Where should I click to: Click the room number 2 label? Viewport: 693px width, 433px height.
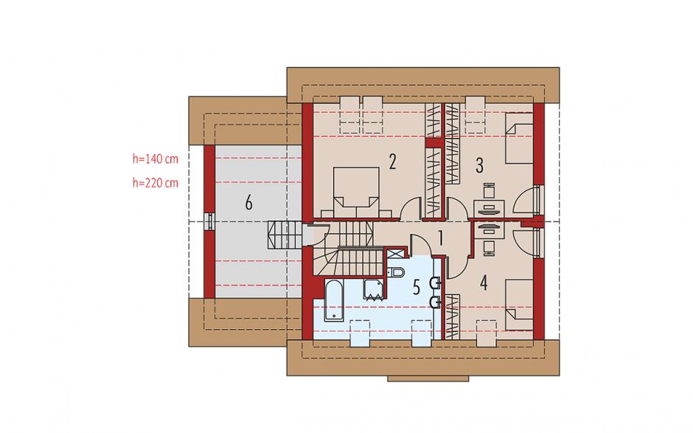(392, 162)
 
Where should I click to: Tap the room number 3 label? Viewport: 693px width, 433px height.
(479, 165)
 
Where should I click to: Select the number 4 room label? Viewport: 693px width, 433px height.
(484, 283)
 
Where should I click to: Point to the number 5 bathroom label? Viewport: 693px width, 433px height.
(417, 288)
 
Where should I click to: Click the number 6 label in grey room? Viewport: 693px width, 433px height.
(249, 203)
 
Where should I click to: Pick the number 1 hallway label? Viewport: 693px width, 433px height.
(440, 238)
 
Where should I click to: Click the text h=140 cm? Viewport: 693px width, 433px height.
(156, 159)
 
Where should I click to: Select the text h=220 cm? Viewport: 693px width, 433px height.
(156, 183)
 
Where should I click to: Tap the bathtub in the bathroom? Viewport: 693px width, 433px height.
(333, 300)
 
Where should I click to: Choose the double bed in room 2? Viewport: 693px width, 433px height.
(356, 193)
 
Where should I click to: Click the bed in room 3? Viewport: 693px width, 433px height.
(519, 138)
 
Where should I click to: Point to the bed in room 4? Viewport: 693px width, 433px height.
(519, 305)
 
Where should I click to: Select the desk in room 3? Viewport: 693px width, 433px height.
(489, 208)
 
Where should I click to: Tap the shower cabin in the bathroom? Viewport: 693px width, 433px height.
(374, 290)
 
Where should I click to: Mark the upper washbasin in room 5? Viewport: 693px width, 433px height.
(436, 283)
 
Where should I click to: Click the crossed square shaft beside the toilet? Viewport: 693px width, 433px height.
(394, 253)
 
